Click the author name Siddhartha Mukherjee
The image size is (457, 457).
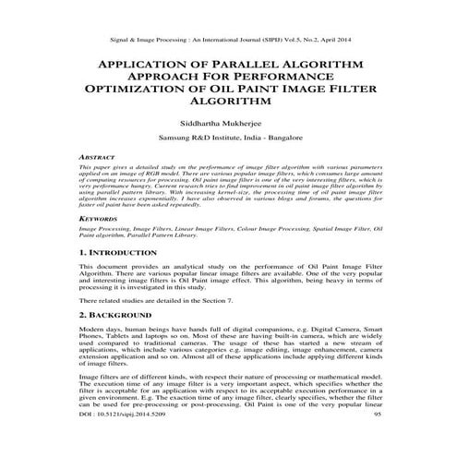[x=228, y=121]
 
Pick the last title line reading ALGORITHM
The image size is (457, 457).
[x=228, y=103]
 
